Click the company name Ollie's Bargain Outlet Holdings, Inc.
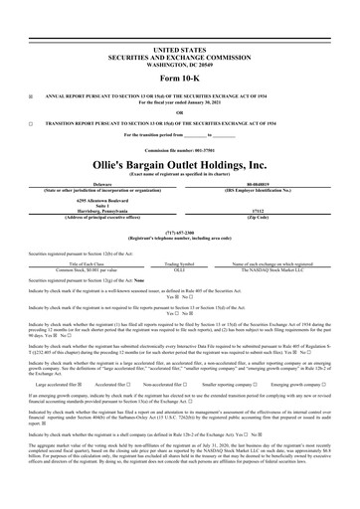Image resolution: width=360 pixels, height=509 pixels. point(180,162)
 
